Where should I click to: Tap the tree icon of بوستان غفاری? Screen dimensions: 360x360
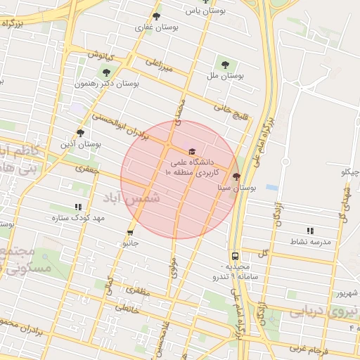coord(156,17)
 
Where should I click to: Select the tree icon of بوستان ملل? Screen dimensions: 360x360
coord(225,63)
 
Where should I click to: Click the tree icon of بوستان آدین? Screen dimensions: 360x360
coord(81,132)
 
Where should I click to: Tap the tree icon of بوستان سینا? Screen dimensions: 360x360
coord(236,177)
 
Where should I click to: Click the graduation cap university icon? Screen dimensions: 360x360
coord(191,151)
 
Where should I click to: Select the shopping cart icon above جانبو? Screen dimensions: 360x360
coord(130,232)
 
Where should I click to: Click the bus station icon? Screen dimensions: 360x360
coord(235,257)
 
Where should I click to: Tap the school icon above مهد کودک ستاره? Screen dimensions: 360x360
coord(78,207)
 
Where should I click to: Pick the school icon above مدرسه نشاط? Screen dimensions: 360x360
coord(310,231)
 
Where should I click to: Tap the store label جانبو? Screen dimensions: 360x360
coord(131,243)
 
